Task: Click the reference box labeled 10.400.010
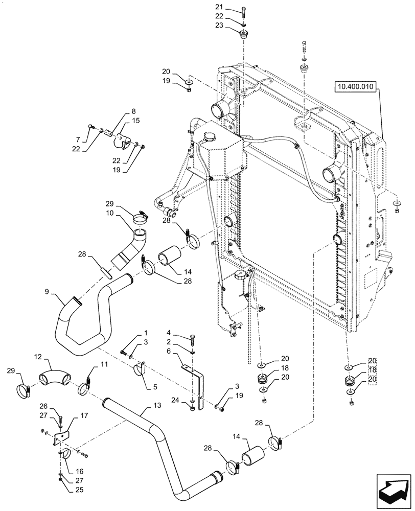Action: click(356, 87)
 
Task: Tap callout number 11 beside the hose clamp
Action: click(104, 365)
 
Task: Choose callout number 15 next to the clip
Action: click(135, 121)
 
